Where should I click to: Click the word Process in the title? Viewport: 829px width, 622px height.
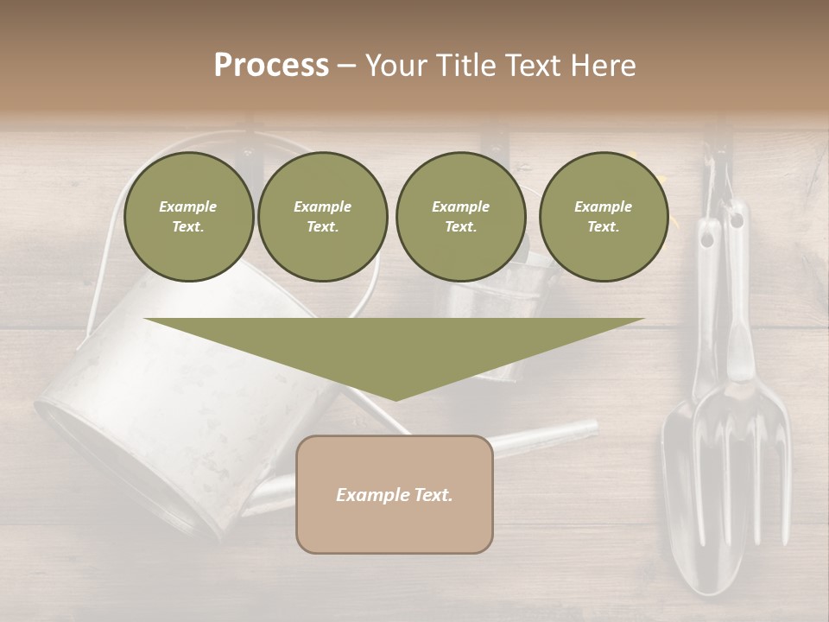tap(271, 65)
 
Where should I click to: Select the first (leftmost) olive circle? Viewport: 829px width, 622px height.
tap(188, 217)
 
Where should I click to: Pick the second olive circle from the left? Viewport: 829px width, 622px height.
tap(322, 217)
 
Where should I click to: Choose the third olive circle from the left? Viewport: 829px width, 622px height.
tap(460, 217)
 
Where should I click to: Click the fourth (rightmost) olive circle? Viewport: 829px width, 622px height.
tap(603, 217)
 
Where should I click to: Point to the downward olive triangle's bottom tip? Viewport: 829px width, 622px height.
tap(395, 399)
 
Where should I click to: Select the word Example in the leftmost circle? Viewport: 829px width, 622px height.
tap(188, 206)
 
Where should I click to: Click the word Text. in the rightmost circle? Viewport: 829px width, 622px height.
tap(603, 227)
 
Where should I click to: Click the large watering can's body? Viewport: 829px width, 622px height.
tap(173, 397)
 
